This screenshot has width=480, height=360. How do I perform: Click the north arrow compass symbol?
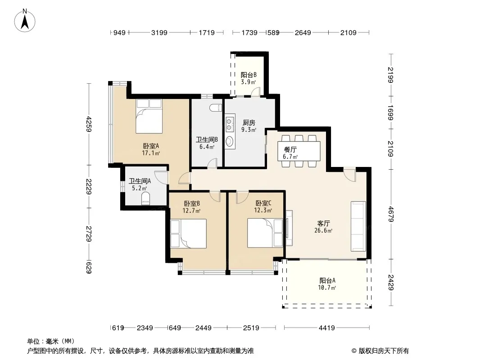tap(25, 21)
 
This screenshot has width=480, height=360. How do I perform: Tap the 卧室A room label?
tap(151, 146)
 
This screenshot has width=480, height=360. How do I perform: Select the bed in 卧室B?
tap(188, 234)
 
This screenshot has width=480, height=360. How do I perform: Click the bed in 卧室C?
tap(265, 233)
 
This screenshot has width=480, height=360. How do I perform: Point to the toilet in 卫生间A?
tap(146, 198)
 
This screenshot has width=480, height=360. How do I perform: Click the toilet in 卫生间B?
tap(216, 108)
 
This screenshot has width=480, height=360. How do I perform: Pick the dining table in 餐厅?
tap(299, 151)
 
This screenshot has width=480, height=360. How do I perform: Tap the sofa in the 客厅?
tap(358, 226)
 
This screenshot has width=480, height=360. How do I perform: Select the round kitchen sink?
tap(230, 141)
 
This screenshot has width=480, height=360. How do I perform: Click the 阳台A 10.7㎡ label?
tap(327, 284)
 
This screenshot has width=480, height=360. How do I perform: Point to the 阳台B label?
tap(249, 75)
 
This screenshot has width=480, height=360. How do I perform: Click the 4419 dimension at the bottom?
tap(326, 328)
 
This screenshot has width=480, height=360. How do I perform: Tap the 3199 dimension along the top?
tap(159, 32)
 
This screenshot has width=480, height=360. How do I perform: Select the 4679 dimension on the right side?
tap(391, 214)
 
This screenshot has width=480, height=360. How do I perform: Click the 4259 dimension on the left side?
tap(89, 124)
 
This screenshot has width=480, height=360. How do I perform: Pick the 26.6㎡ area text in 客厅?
tap(323, 230)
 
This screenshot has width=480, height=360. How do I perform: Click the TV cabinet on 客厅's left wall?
tap(289, 228)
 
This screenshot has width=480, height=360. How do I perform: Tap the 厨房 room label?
tap(249, 123)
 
